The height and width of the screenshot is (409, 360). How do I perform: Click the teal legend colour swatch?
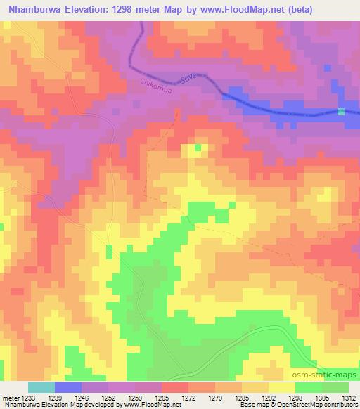[41, 387]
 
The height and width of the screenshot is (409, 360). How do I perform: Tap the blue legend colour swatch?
[67, 387]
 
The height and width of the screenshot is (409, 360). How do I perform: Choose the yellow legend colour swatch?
[281, 387]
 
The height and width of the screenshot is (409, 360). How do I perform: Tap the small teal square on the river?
[342, 112]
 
